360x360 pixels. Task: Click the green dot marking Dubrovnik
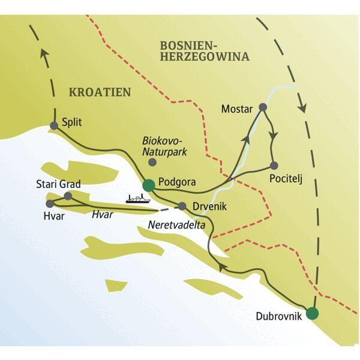coord(311,313)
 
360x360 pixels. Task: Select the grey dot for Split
coord(54,125)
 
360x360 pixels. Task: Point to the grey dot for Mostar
coord(262,108)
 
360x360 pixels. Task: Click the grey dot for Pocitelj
coord(274,165)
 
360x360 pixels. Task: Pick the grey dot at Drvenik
coord(182,206)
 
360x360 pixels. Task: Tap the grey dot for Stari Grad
coord(68,196)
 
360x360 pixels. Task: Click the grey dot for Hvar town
coord(50,203)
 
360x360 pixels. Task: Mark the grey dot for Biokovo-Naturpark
coord(152,162)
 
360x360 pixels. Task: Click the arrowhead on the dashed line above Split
coord(43,55)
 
